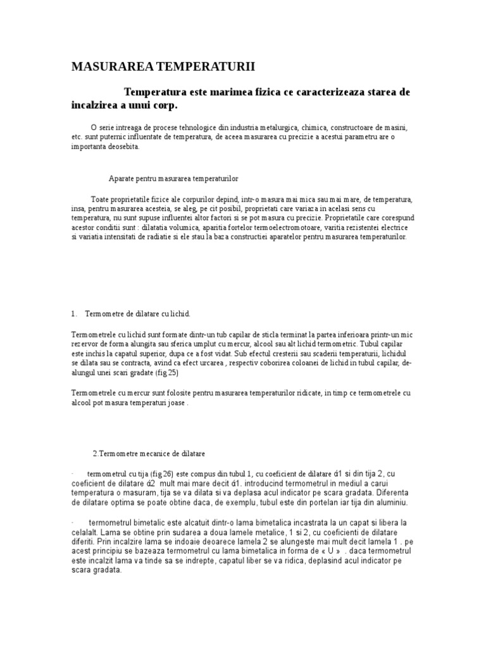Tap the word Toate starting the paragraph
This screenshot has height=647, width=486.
click(101, 198)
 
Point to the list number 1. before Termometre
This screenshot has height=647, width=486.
click(74, 313)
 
